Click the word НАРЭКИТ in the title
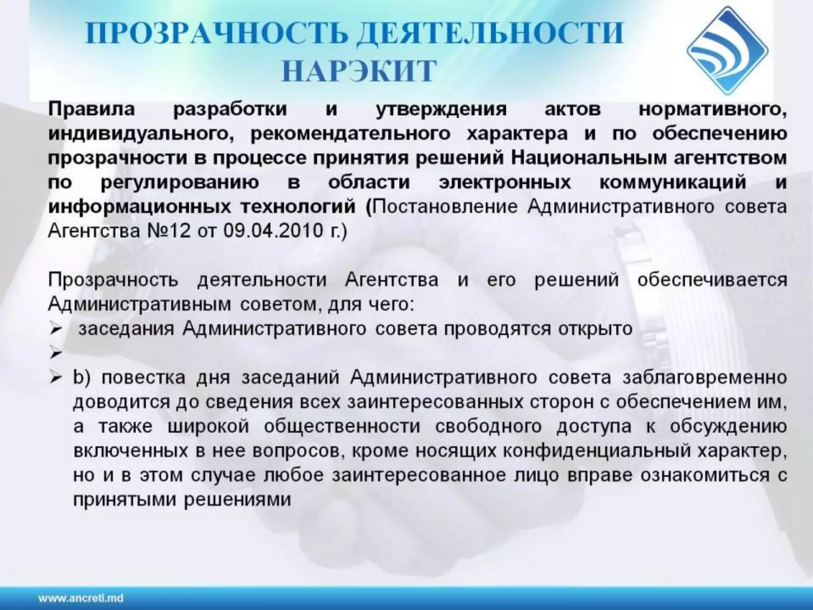point(359,71)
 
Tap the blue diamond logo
point(727,51)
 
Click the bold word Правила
point(91,109)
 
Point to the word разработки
point(230,109)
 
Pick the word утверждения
point(441,110)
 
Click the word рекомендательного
point(351,134)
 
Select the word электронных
point(505,183)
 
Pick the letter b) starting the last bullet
point(82,377)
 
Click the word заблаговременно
point(705,378)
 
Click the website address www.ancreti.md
point(81,598)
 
